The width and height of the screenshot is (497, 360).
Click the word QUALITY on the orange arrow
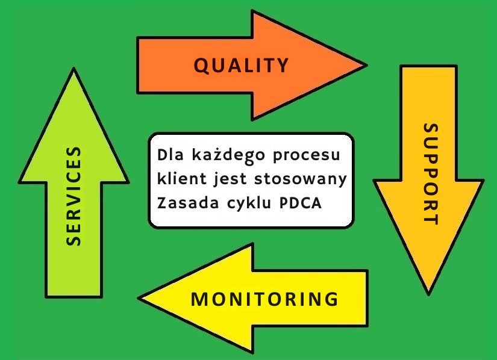pos(241,65)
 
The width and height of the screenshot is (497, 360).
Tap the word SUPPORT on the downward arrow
pos(429,174)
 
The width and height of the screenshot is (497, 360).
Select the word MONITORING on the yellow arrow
pos(264,299)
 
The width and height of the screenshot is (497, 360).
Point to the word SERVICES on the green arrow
pos(73,196)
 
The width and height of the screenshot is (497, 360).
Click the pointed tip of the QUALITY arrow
pos(364,64)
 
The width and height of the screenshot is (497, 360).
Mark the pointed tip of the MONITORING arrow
pos(141,298)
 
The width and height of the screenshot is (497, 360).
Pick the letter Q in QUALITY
pos(201,66)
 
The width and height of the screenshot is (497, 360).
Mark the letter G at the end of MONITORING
pos(331,299)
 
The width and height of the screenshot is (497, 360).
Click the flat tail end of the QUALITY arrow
pos(139,64)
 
